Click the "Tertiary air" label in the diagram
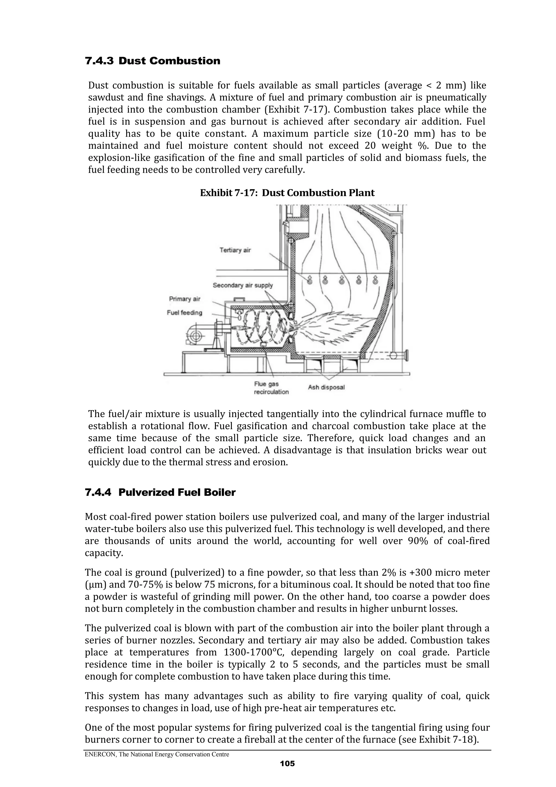pyautogui.click(x=235, y=250)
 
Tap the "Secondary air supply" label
pyautogui.click(x=242, y=285)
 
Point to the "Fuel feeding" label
pyautogui.click(x=184, y=313)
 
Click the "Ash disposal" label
pyautogui.click(x=326, y=387)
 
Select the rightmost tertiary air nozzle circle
pyautogui.click(x=375, y=281)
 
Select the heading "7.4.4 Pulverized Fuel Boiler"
pyautogui.click(x=160, y=493)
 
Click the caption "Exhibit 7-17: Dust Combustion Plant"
pyautogui.click(x=287, y=193)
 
